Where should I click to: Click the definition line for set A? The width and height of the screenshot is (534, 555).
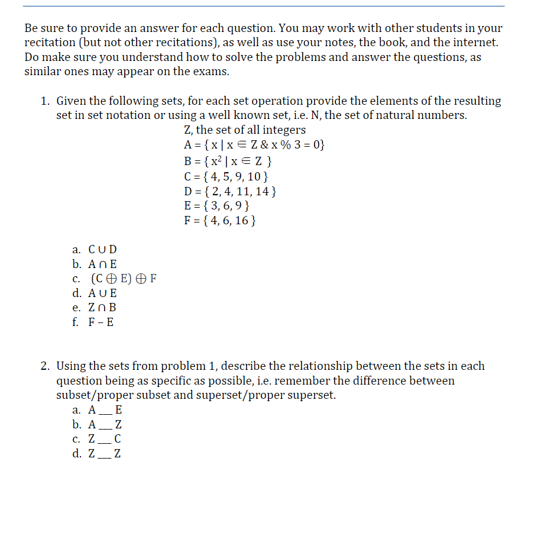(254, 145)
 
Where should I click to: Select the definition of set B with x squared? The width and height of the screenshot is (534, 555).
(228, 161)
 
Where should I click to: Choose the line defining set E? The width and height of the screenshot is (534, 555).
(216, 206)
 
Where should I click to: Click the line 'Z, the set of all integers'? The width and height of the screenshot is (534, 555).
(245, 130)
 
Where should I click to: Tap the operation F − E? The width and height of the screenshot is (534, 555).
(101, 322)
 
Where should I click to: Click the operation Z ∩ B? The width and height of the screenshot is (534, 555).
(102, 307)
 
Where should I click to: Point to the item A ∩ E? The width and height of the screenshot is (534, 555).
(102, 264)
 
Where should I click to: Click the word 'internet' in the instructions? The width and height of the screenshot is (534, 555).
(476, 43)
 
